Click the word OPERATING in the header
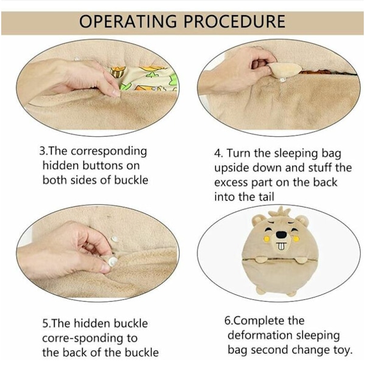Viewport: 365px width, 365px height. click(x=128, y=21)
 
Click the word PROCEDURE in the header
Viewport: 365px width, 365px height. click(x=234, y=21)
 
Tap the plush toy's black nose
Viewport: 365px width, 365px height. click(x=282, y=234)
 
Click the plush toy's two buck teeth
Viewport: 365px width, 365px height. click(x=281, y=246)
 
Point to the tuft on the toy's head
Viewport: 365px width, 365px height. click(x=280, y=211)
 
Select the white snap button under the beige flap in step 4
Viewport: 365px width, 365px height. click(x=283, y=80)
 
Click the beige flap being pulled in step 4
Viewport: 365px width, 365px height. click(x=284, y=69)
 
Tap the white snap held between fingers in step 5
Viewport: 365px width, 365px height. click(x=113, y=261)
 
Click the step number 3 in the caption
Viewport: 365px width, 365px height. click(x=42, y=151)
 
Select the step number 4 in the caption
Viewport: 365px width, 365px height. click(x=217, y=154)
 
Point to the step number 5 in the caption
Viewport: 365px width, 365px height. click(x=45, y=324)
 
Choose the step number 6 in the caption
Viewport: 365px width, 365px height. click(x=228, y=321)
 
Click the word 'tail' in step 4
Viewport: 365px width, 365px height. click(x=266, y=196)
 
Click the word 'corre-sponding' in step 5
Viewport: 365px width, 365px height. click(x=89, y=339)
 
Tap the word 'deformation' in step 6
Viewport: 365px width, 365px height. click(x=260, y=335)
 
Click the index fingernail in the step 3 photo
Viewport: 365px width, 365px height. click(x=116, y=93)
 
